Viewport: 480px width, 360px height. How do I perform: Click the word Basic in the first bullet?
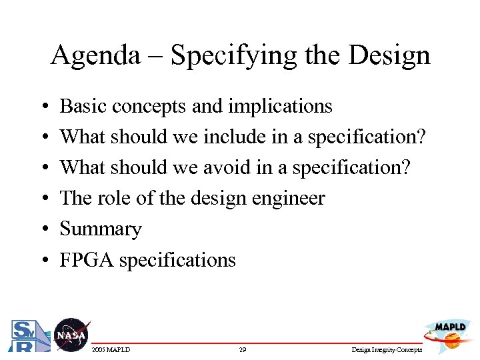84,106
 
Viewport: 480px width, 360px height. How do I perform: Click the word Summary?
101,229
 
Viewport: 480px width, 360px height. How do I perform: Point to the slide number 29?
243,350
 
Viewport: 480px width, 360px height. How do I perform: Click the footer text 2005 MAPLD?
111,350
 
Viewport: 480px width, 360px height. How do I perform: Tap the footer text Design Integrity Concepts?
387,350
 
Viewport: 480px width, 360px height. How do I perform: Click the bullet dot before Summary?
43,229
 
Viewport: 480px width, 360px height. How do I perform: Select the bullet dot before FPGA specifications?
43,260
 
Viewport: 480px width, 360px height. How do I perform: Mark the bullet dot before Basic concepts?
43,107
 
